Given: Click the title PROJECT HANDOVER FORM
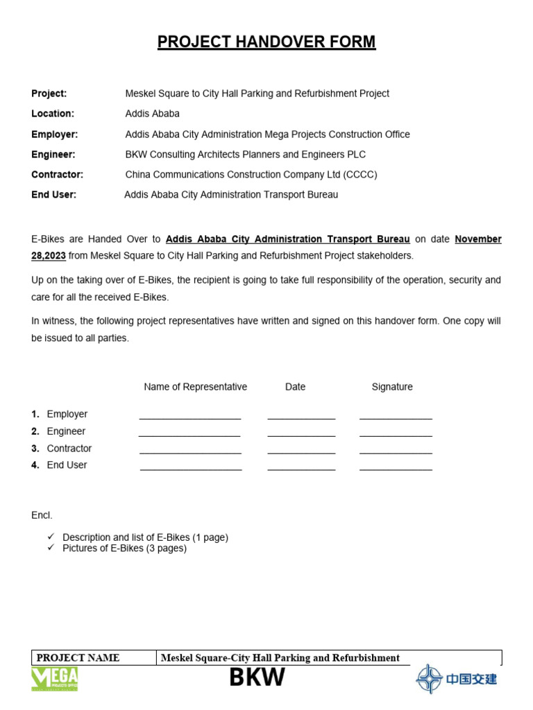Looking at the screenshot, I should click(x=266, y=42).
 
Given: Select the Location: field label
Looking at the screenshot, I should click(x=53, y=114).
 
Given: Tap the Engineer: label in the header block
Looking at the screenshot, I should click(x=53, y=155).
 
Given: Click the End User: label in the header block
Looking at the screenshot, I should click(x=54, y=195).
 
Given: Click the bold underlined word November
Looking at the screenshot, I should click(x=478, y=239).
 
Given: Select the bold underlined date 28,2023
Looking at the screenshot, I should click(x=49, y=256).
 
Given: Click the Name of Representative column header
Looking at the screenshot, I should click(x=195, y=387).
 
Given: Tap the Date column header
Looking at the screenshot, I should click(x=295, y=387).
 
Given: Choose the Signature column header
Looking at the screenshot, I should click(x=392, y=387).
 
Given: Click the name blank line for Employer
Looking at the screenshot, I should click(x=190, y=418).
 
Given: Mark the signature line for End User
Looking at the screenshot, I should click(x=396, y=469).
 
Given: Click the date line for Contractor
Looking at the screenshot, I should click(x=301, y=453).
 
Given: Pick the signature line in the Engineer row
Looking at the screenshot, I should click(x=396, y=435).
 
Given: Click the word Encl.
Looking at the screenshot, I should click(x=42, y=515).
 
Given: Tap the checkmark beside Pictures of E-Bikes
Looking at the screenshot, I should click(x=51, y=548).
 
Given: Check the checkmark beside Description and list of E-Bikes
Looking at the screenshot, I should click(x=51, y=537).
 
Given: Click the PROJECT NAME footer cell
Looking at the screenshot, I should click(x=78, y=658).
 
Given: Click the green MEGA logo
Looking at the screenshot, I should click(x=55, y=679).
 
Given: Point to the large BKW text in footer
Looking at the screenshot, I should click(x=257, y=677).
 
